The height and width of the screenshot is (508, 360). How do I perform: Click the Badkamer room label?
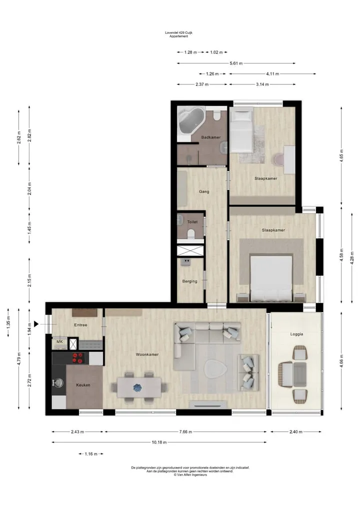pyautogui.click(x=211, y=137)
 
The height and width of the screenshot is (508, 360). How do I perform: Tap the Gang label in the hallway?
pyautogui.click(x=204, y=191)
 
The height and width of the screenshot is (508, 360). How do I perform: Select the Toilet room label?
pyautogui.click(x=192, y=222)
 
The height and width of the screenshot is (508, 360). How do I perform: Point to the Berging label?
pyautogui.click(x=189, y=281)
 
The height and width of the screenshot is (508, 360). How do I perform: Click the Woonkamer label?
pyautogui.click(x=147, y=355)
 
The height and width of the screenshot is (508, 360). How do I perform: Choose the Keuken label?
pyautogui.click(x=83, y=385)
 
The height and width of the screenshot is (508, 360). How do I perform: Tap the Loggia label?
pyautogui.click(x=297, y=334)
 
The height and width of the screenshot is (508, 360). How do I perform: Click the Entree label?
pyautogui.click(x=81, y=325)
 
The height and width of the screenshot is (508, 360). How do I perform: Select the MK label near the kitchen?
pyautogui.click(x=59, y=342)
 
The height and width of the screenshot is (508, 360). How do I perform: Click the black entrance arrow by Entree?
pyautogui.click(x=36, y=324)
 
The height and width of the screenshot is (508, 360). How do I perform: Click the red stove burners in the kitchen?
pyautogui.click(x=78, y=358)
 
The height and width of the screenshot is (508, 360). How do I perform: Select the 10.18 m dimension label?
pyautogui.click(x=159, y=442)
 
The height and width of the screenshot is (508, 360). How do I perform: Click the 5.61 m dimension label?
pyautogui.click(x=236, y=63)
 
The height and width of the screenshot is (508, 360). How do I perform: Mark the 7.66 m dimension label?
pyautogui.click(x=185, y=432)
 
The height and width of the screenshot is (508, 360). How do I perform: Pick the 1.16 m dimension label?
pyautogui.click(x=91, y=454)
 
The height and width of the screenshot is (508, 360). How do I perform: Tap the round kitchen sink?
pyautogui.click(x=58, y=383)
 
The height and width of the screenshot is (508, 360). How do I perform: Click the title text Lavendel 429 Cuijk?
pyautogui.click(x=178, y=33)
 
